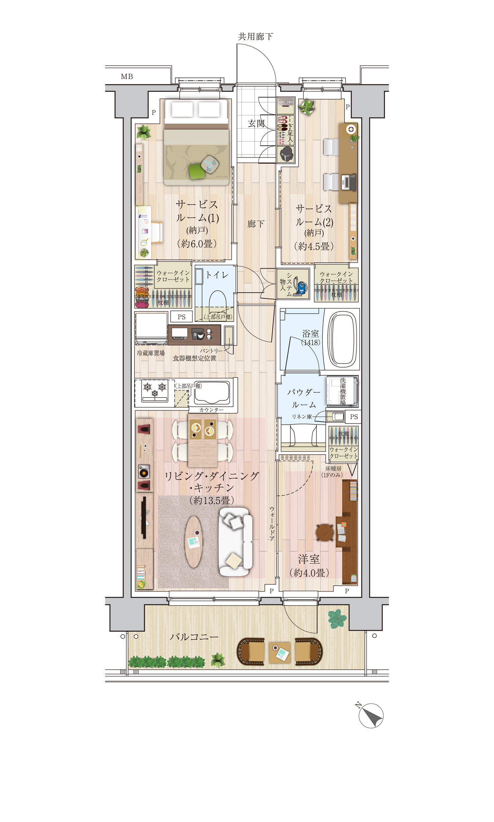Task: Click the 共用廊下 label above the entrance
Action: [255, 36]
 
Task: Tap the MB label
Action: [127, 76]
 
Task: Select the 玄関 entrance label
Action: [256, 124]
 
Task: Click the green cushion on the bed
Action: [197, 171]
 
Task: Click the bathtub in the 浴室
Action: [342, 339]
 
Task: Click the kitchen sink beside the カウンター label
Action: [212, 392]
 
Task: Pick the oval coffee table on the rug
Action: [193, 542]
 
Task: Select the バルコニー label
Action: [194, 637]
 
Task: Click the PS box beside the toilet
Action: [181, 317]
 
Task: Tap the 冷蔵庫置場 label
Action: [151, 353]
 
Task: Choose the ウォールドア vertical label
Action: [272, 524]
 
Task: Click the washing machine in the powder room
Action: [342, 391]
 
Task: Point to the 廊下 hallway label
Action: [256, 224]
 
